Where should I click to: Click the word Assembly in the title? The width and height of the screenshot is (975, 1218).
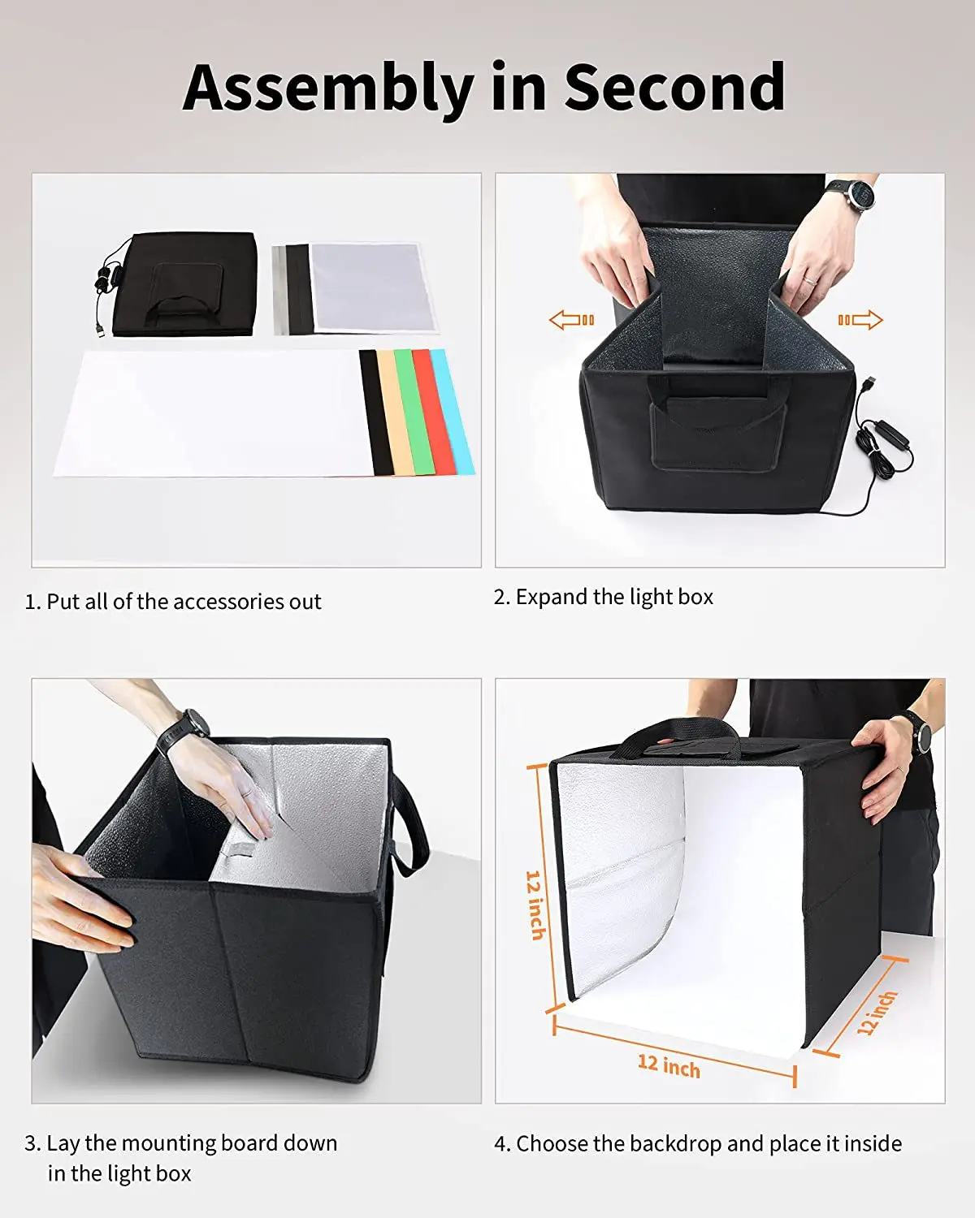327,88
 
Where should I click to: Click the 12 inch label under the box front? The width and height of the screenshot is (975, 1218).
668,1065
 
